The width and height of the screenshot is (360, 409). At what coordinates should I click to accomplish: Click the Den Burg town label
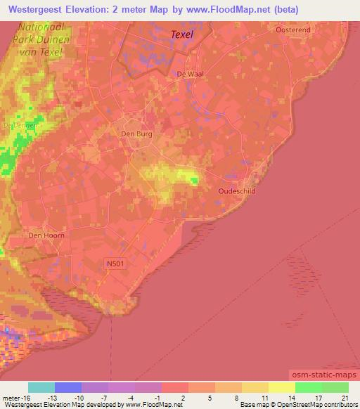tap(136, 133)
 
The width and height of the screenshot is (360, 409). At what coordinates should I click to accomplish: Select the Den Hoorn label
tap(46, 235)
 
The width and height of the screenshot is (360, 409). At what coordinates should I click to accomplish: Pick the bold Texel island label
tap(181, 33)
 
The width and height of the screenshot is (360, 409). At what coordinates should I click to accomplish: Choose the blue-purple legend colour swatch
tap(67, 387)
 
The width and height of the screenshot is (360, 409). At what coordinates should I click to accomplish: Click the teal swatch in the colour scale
tap(41, 387)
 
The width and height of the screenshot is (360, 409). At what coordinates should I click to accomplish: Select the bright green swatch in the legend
tap(308, 387)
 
